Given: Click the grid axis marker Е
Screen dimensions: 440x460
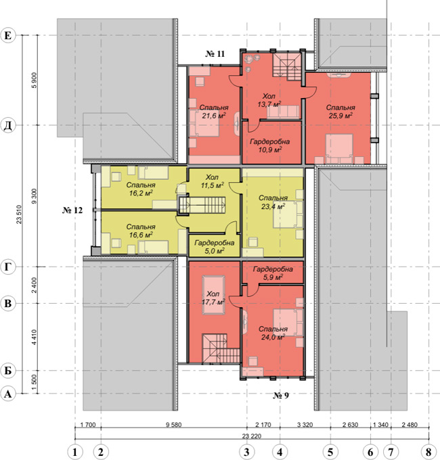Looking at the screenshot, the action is (8, 35).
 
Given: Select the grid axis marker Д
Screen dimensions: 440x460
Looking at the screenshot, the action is (8, 126).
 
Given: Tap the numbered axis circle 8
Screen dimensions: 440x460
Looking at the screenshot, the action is (428, 452).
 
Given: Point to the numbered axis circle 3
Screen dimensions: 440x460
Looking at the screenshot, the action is (246, 452).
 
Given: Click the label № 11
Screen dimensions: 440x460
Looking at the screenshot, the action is (215, 53).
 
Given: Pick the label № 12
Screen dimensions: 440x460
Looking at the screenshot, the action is (72, 210).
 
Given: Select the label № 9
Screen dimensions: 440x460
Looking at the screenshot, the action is (281, 396).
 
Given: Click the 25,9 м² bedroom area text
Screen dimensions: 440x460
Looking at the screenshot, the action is (340, 116).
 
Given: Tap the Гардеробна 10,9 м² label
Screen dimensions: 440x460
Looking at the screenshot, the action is (269, 146).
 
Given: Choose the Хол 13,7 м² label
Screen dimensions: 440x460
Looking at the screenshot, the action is (269, 100).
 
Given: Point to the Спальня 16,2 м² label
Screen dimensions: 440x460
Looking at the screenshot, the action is (141, 189).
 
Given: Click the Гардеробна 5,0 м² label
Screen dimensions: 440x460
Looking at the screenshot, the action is (215, 247).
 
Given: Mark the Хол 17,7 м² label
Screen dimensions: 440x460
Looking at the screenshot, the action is (213, 298).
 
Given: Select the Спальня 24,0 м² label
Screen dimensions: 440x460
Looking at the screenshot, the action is (273, 333).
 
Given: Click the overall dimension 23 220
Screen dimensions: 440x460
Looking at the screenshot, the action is (252, 436).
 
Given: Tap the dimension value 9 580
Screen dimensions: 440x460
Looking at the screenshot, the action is (174, 425).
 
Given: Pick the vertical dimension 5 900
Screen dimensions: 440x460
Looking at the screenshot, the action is (35, 80).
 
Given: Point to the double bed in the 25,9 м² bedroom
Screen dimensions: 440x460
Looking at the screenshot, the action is (339, 149).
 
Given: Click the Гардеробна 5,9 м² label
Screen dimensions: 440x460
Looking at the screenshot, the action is (273, 273).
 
